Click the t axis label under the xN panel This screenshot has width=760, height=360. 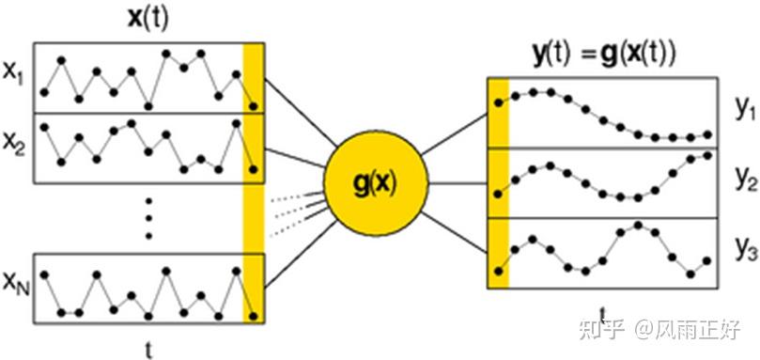148,347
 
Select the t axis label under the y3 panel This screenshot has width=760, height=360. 602,310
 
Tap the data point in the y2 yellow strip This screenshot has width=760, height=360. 498,194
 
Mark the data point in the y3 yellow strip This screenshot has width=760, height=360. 498,271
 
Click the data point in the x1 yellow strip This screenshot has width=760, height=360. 254,106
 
